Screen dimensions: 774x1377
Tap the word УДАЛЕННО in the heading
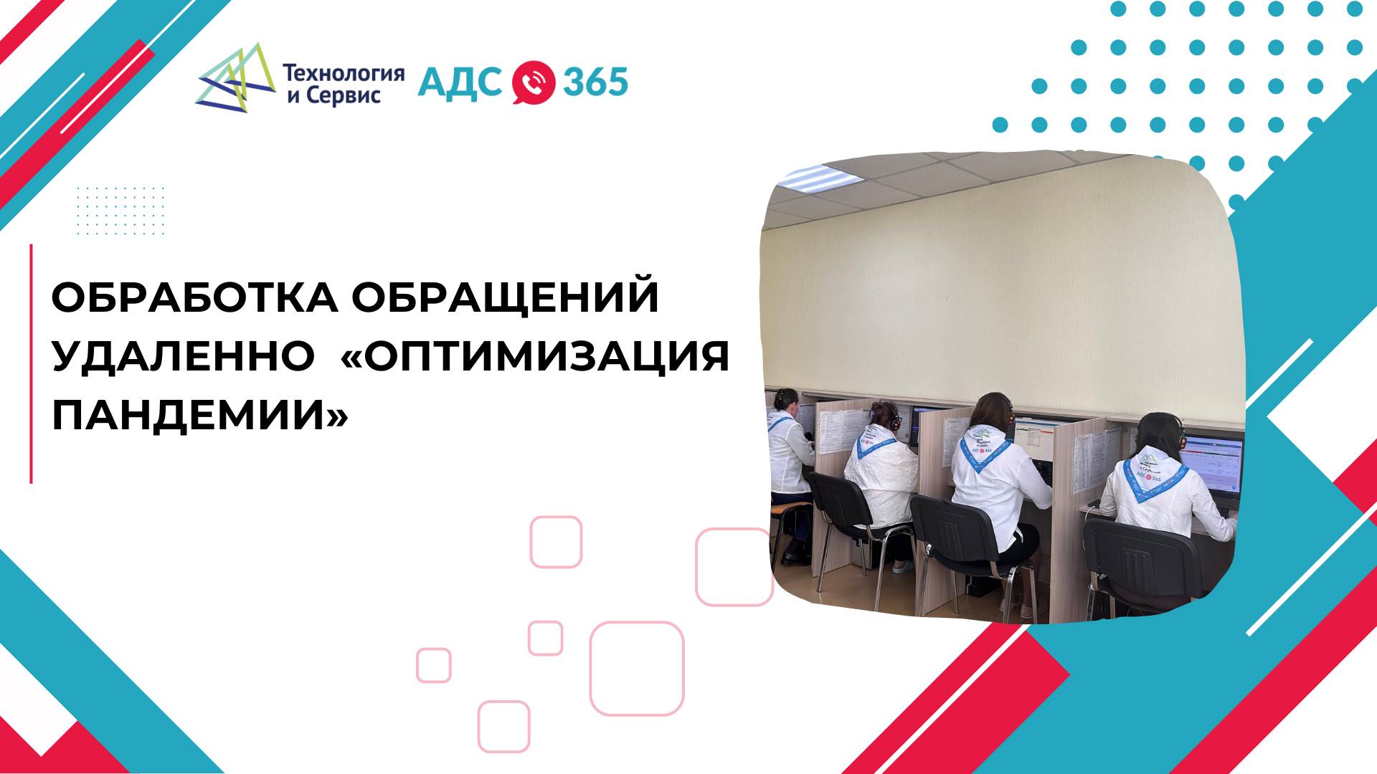184,355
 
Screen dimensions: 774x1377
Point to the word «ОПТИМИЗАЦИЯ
535,355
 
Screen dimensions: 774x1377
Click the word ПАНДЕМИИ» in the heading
200,414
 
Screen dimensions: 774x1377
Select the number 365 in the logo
595,82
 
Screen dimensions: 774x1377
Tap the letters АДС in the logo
460,82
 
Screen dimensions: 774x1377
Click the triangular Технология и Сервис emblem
236,79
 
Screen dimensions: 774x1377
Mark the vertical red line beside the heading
32,363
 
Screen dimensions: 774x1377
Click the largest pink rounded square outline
637,668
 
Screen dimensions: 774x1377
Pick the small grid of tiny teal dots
120,210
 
